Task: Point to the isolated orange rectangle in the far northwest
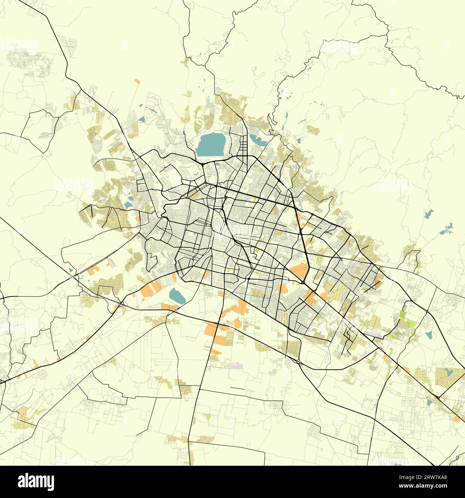pyautogui.click(x=137, y=81)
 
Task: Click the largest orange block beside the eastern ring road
pyautogui.click(x=300, y=271)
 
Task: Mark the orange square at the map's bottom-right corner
pyautogui.click(x=457, y=418)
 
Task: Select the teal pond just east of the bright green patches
pyautogui.click(x=429, y=335)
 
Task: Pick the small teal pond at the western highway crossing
pyautogui.click(x=70, y=270)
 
